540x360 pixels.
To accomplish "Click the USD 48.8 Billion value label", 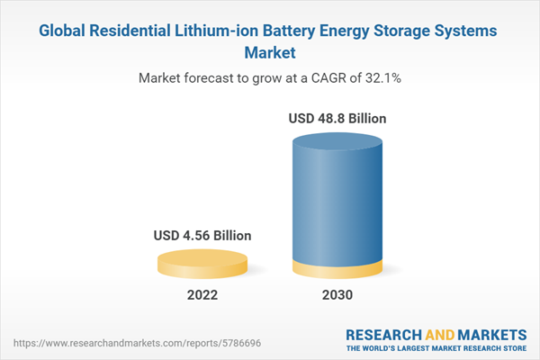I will coord(338,118).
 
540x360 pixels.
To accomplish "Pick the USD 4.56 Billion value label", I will coord(202,236).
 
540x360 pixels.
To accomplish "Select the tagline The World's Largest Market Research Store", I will coord(437,347).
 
